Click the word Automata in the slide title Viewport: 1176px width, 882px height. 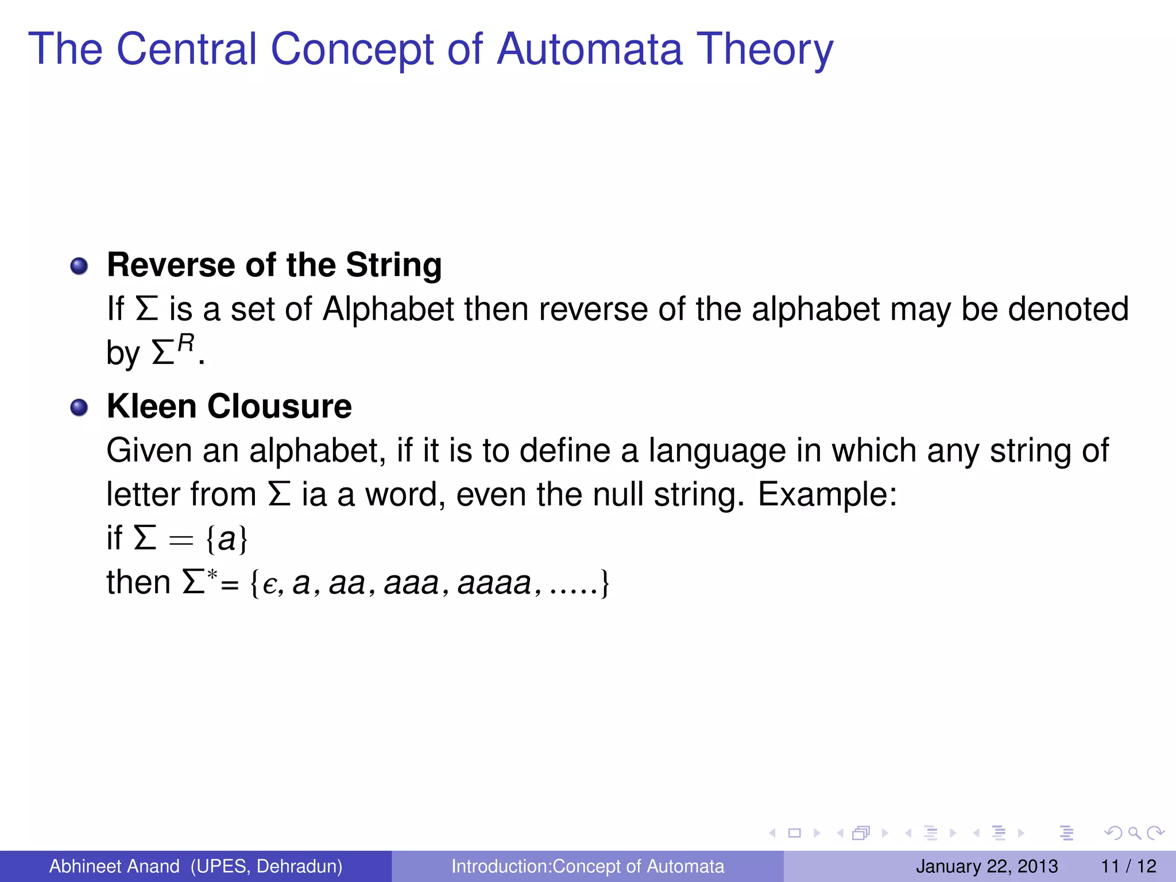coord(590,49)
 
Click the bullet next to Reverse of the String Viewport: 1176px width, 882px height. coord(79,266)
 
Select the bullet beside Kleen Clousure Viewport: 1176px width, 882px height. coord(79,408)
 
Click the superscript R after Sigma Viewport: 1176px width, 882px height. coord(185,343)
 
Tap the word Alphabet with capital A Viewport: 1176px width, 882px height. coord(388,310)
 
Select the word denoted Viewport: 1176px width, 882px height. coord(1067,309)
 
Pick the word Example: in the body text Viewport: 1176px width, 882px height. coord(827,494)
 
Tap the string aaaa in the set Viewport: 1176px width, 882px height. coord(494,584)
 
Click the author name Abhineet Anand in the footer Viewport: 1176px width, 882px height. coord(114,866)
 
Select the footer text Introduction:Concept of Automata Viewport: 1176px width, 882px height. coord(587,866)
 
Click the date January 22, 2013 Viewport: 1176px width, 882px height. coord(987,866)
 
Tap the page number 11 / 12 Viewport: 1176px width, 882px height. coord(1128,866)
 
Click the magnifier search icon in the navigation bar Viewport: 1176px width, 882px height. coord(1134,833)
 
